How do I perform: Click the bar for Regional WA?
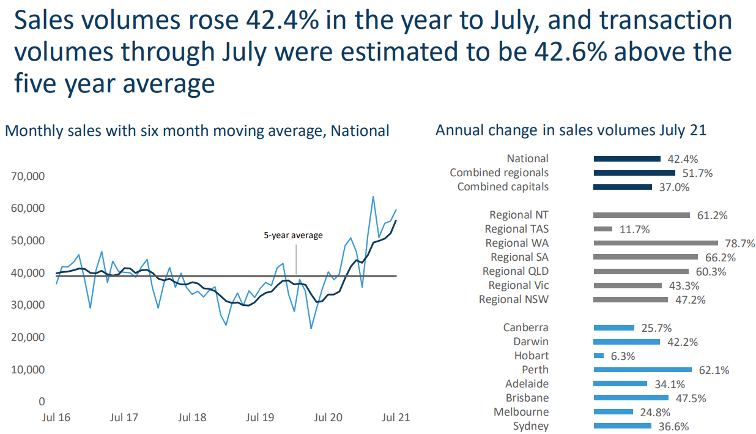click(x=655, y=243)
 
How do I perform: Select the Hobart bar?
click(x=598, y=356)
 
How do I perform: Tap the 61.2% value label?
click(x=712, y=215)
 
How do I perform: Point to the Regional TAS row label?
click(x=516, y=229)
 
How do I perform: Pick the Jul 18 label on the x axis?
click(x=192, y=417)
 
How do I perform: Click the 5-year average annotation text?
click(x=293, y=235)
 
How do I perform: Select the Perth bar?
click(x=642, y=370)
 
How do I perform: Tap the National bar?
click(x=627, y=159)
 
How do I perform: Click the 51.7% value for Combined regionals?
click(x=697, y=173)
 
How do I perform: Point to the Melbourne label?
click(x=521, y=412)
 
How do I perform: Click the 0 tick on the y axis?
click(x=42, y=402)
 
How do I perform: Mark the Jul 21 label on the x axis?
click(x=395, y=417)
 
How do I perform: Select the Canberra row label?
click(x=525, y=328)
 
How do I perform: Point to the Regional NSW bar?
click(x=630, y=299)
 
